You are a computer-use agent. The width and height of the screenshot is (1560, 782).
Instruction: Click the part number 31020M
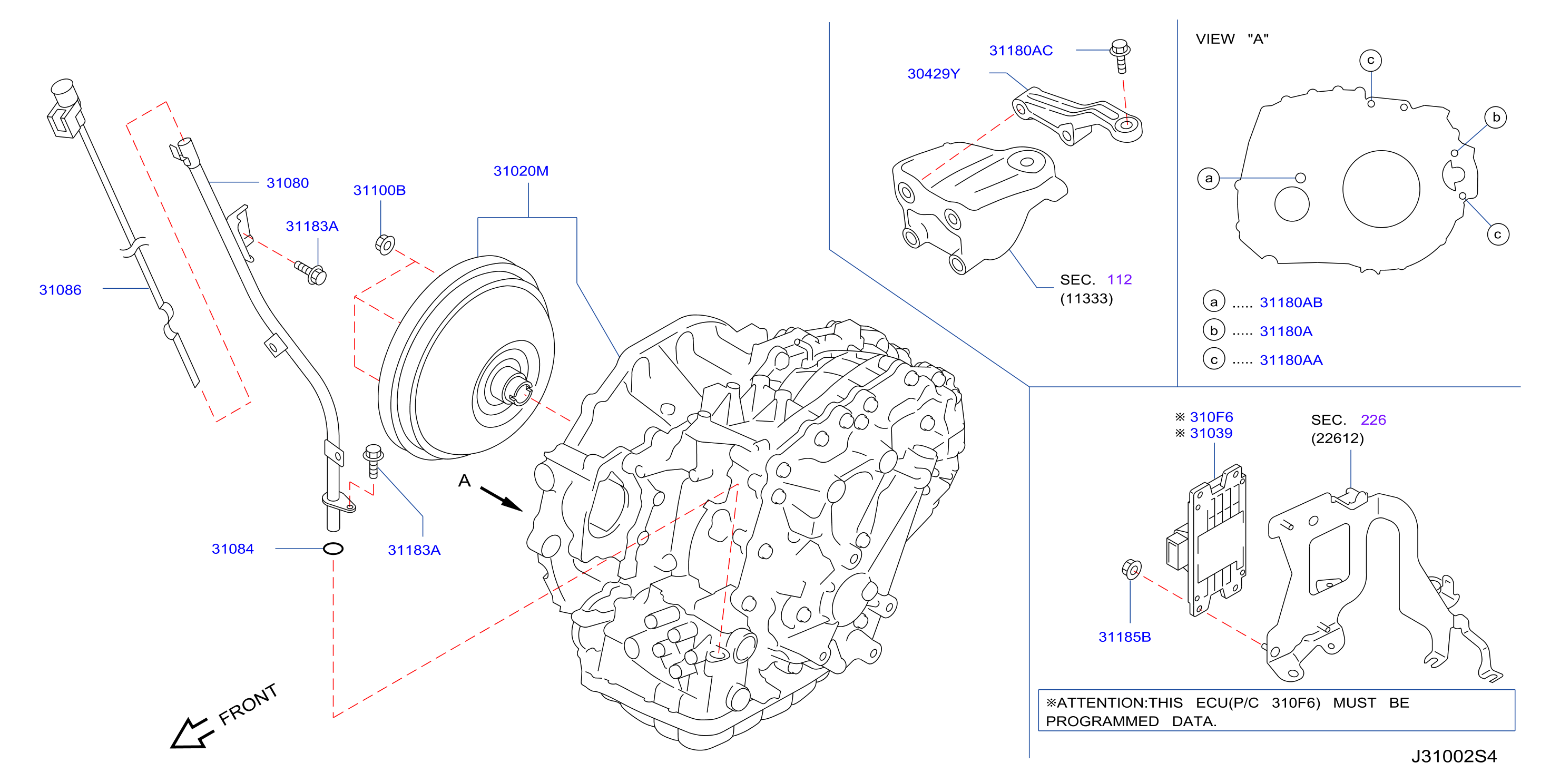521,171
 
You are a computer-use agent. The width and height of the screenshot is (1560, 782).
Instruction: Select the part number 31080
288,183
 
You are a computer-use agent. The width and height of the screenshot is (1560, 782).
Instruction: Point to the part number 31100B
379,190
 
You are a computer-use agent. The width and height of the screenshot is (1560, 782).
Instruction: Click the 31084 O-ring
333,549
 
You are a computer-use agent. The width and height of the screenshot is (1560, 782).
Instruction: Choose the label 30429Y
933,74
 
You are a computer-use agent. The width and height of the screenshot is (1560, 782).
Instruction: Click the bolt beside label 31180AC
1120,56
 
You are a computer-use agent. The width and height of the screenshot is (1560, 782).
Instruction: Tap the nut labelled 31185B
1131,569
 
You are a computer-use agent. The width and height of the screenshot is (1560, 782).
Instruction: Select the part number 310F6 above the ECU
1211,417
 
